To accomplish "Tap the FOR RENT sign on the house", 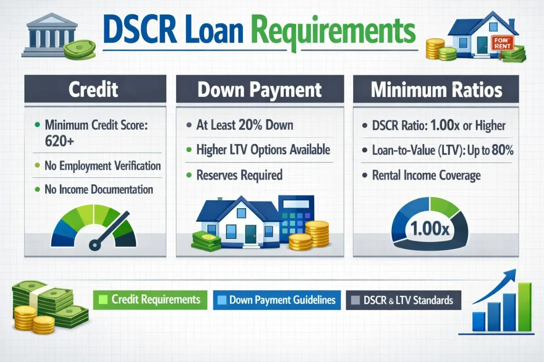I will [x=504, y=43].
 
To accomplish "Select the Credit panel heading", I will [x=93, y=89].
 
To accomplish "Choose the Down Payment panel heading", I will [x=259, y=89].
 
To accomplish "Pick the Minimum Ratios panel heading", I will [x=437, y=89].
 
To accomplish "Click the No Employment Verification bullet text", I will [x=102, y=166].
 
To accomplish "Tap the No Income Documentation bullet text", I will [x=98, y=189].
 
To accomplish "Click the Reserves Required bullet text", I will [x=239, y=175].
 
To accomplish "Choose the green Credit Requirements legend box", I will [x=150, y=300].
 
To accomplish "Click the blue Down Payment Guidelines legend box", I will [x=277, y=300].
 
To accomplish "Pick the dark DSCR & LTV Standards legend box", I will [x=403, y=300].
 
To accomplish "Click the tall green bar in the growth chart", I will [x=525, y=306].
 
